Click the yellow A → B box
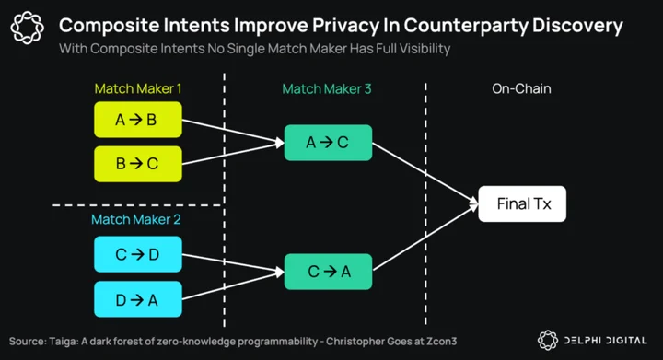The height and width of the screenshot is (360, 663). pyautogui.click(x=138, y=120)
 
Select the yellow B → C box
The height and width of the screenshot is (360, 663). pyautogui.click(x=138, y=164)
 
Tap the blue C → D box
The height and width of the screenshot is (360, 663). pyautogui.click(x=138, y=254)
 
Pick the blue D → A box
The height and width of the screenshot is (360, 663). pyautogui.click(x=138, y=299)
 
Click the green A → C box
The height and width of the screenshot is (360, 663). pyautogui.click(x=328, y=143)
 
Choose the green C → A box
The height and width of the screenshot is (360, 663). pyautogui.click(x=328, y=272)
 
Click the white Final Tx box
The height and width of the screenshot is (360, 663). pyautogui.click(x=522, y=203)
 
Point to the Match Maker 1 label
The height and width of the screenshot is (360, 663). pyautogui.click(x=138, y=88)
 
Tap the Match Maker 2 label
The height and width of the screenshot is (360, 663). pyautogui.click(x=135, y=219)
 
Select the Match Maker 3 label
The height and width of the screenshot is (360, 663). pyautogui.click(x=326, y=88)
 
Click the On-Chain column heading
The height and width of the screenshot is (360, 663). pyautogui.click(x=521, y=88)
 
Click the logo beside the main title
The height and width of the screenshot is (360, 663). pyautogui.click(x=27, y=28)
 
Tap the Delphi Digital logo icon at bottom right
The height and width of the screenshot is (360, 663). pyautogui.click(x=548, y=340)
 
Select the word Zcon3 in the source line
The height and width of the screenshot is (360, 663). pyautogui.click(x=443, y=341)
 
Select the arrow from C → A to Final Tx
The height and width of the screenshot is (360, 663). pyautogui.click(x=425, y=237)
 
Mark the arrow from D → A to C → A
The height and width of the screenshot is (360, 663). pyautogui.click(x=233, y=285)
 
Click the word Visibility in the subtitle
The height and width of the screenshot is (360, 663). pyautogui.click(x=425, y=49)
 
